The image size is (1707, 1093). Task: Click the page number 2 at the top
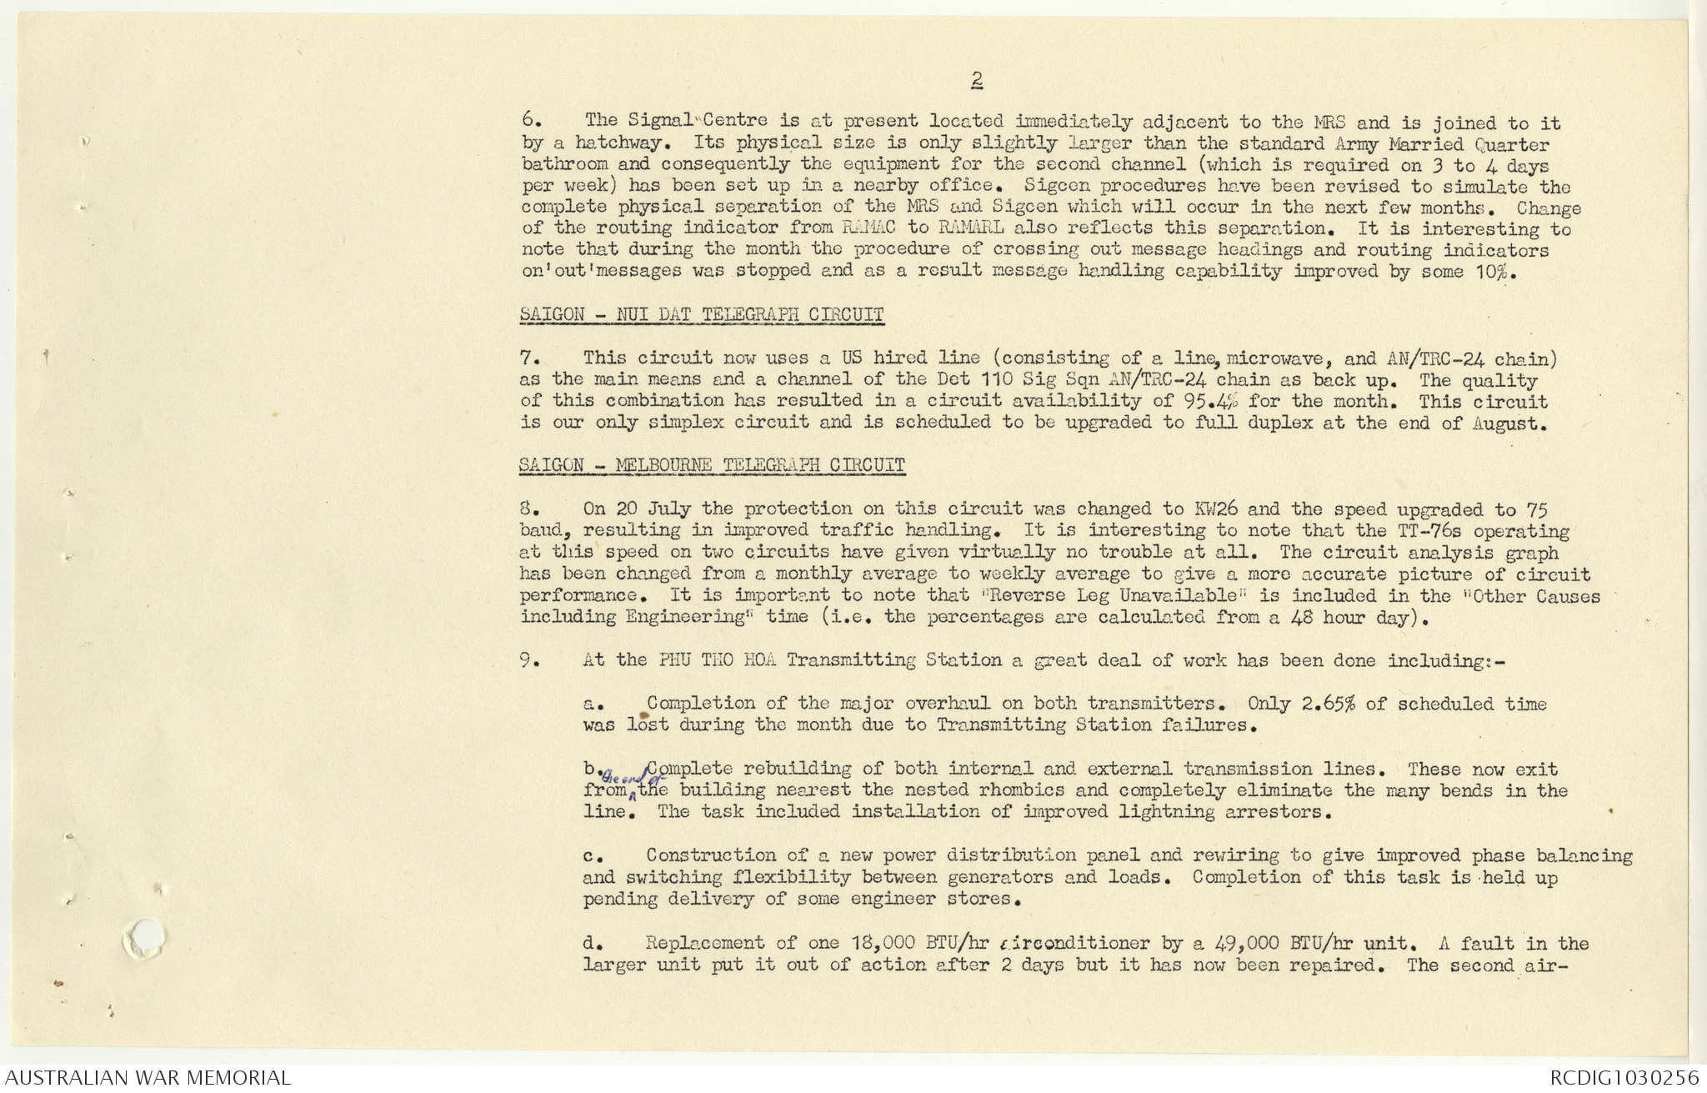point(976,80)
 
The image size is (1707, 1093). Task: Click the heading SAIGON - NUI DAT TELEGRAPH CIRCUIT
point(701,314)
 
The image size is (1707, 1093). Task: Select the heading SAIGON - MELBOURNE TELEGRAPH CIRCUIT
point(712,464)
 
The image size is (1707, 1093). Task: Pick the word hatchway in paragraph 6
point(619,143)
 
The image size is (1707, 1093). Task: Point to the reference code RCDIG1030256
point(1624,1077)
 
